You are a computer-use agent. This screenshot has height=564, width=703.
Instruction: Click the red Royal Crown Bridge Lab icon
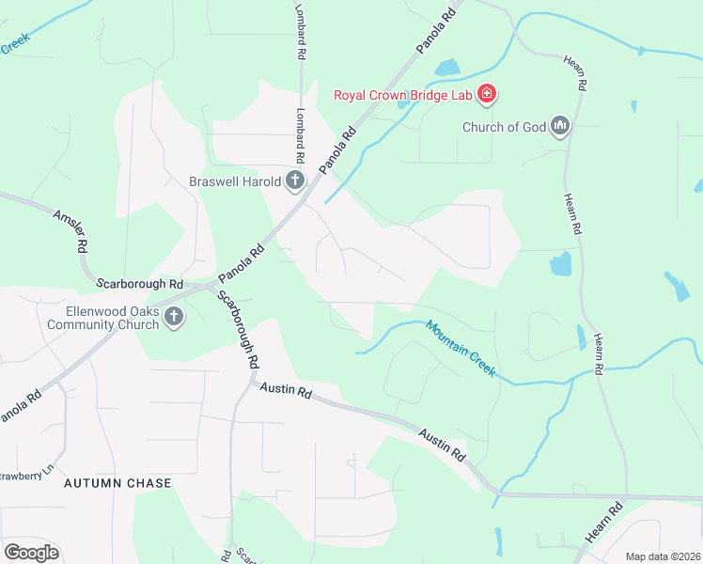coord(487,94)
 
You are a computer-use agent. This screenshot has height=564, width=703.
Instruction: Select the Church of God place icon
coord(561,126)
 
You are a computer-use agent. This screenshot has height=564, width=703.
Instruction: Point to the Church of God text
coord(503,127)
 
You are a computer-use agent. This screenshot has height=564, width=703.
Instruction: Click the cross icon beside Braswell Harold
coord(295,180)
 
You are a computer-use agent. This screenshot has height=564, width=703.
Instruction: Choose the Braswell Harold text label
coord(234,181)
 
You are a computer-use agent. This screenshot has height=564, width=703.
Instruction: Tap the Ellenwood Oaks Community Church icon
coord(174,318)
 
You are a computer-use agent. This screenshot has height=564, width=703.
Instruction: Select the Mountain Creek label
coord(460,349)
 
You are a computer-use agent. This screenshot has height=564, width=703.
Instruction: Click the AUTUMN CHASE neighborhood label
coord(117,483)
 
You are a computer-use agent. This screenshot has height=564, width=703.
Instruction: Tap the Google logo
coord(31,553)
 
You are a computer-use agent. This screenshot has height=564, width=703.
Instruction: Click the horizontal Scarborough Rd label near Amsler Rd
coord(139,282)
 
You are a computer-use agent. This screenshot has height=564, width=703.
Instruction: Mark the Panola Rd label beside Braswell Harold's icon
coord(339,150)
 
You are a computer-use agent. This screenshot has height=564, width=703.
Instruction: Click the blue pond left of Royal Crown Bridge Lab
coord(445,68)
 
